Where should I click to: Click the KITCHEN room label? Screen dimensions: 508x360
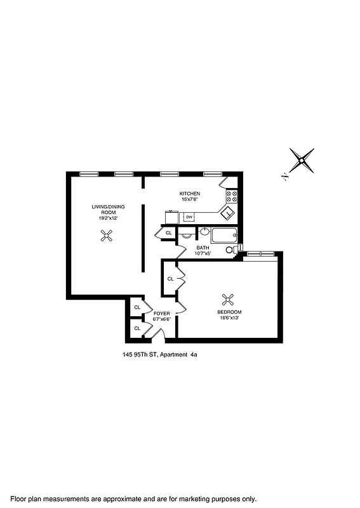[189, 193]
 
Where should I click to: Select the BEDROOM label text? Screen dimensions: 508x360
[229, 312]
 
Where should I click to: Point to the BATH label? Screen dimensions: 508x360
[203, 248]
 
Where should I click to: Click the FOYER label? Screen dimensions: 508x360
[162, 314]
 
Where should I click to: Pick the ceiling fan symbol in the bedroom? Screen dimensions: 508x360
[228, 298]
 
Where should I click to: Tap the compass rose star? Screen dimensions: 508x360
[302, 161]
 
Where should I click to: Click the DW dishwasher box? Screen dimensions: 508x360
[189, 217]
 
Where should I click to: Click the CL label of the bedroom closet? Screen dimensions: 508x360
[171, 279]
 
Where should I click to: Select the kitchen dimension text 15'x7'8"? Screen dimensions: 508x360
[189, 199]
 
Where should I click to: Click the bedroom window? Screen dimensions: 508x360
[261, 253]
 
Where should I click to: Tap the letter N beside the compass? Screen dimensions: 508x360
[286, 177]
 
